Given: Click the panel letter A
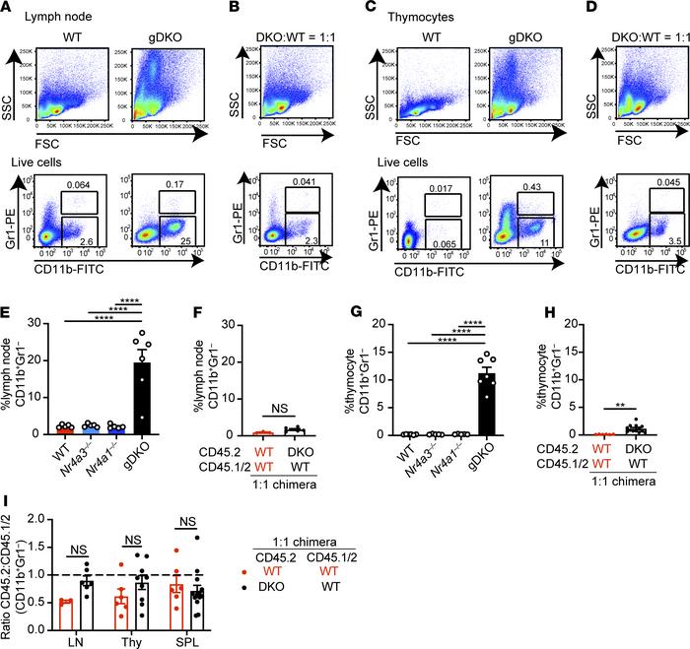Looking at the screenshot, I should (10, 9).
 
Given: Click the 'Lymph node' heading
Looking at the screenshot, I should (50, 19).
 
